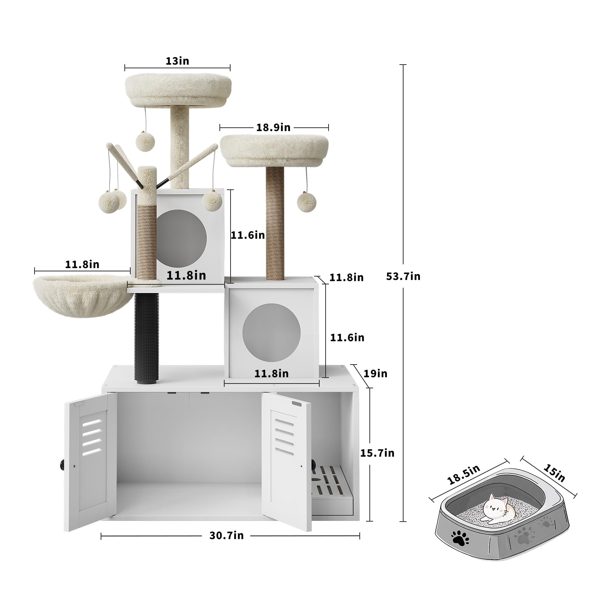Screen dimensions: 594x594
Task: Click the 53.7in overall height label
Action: click(403, 276)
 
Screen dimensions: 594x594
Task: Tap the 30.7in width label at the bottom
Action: click(226, 535)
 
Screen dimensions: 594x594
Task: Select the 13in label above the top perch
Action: click(177, 61)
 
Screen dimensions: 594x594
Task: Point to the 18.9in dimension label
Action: click(273, 127)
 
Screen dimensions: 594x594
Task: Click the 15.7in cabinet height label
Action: click(377, 453)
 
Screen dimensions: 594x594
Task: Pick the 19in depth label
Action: click(375, 373)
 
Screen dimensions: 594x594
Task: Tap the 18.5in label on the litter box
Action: click(464, 475)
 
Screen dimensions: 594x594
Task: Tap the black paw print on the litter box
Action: click(460, 539)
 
